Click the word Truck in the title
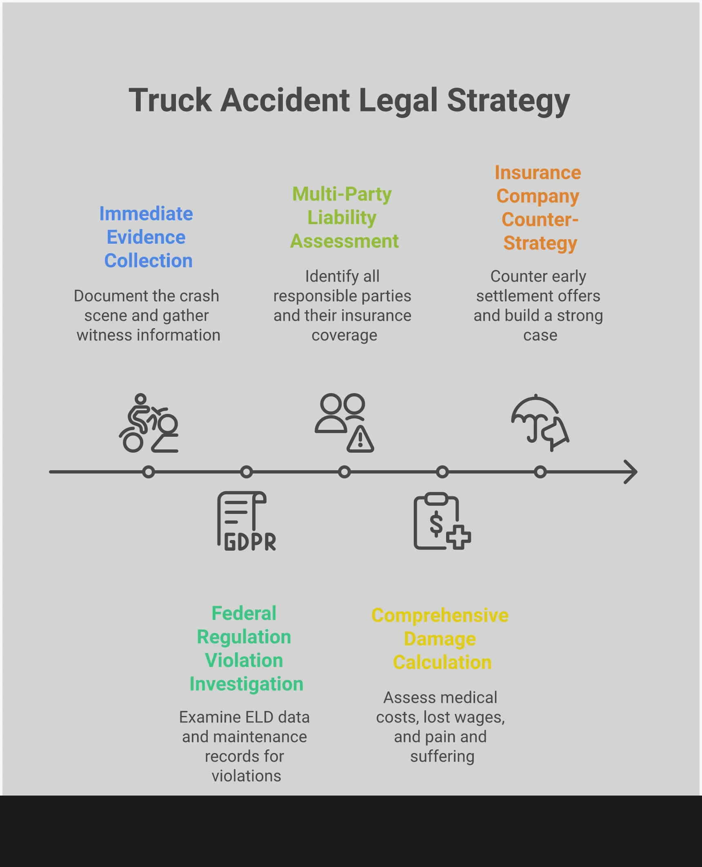tap(170, 100)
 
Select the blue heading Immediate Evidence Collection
tap(147, 237)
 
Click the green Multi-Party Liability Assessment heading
tap(343, 218)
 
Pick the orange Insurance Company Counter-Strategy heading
tap(538, 208)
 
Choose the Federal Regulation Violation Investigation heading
tap(245, 649)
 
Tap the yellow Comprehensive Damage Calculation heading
tap(440, 639)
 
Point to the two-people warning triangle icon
tap(344, 423)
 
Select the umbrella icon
tap(539, 423)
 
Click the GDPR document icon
tap(246, 521)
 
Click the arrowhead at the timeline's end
tap(631, 472)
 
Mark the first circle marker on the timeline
tap(149, 472)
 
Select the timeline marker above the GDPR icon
tap(246, 472)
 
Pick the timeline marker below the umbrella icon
tap(540, 472)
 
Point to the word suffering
tap(442, 756)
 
